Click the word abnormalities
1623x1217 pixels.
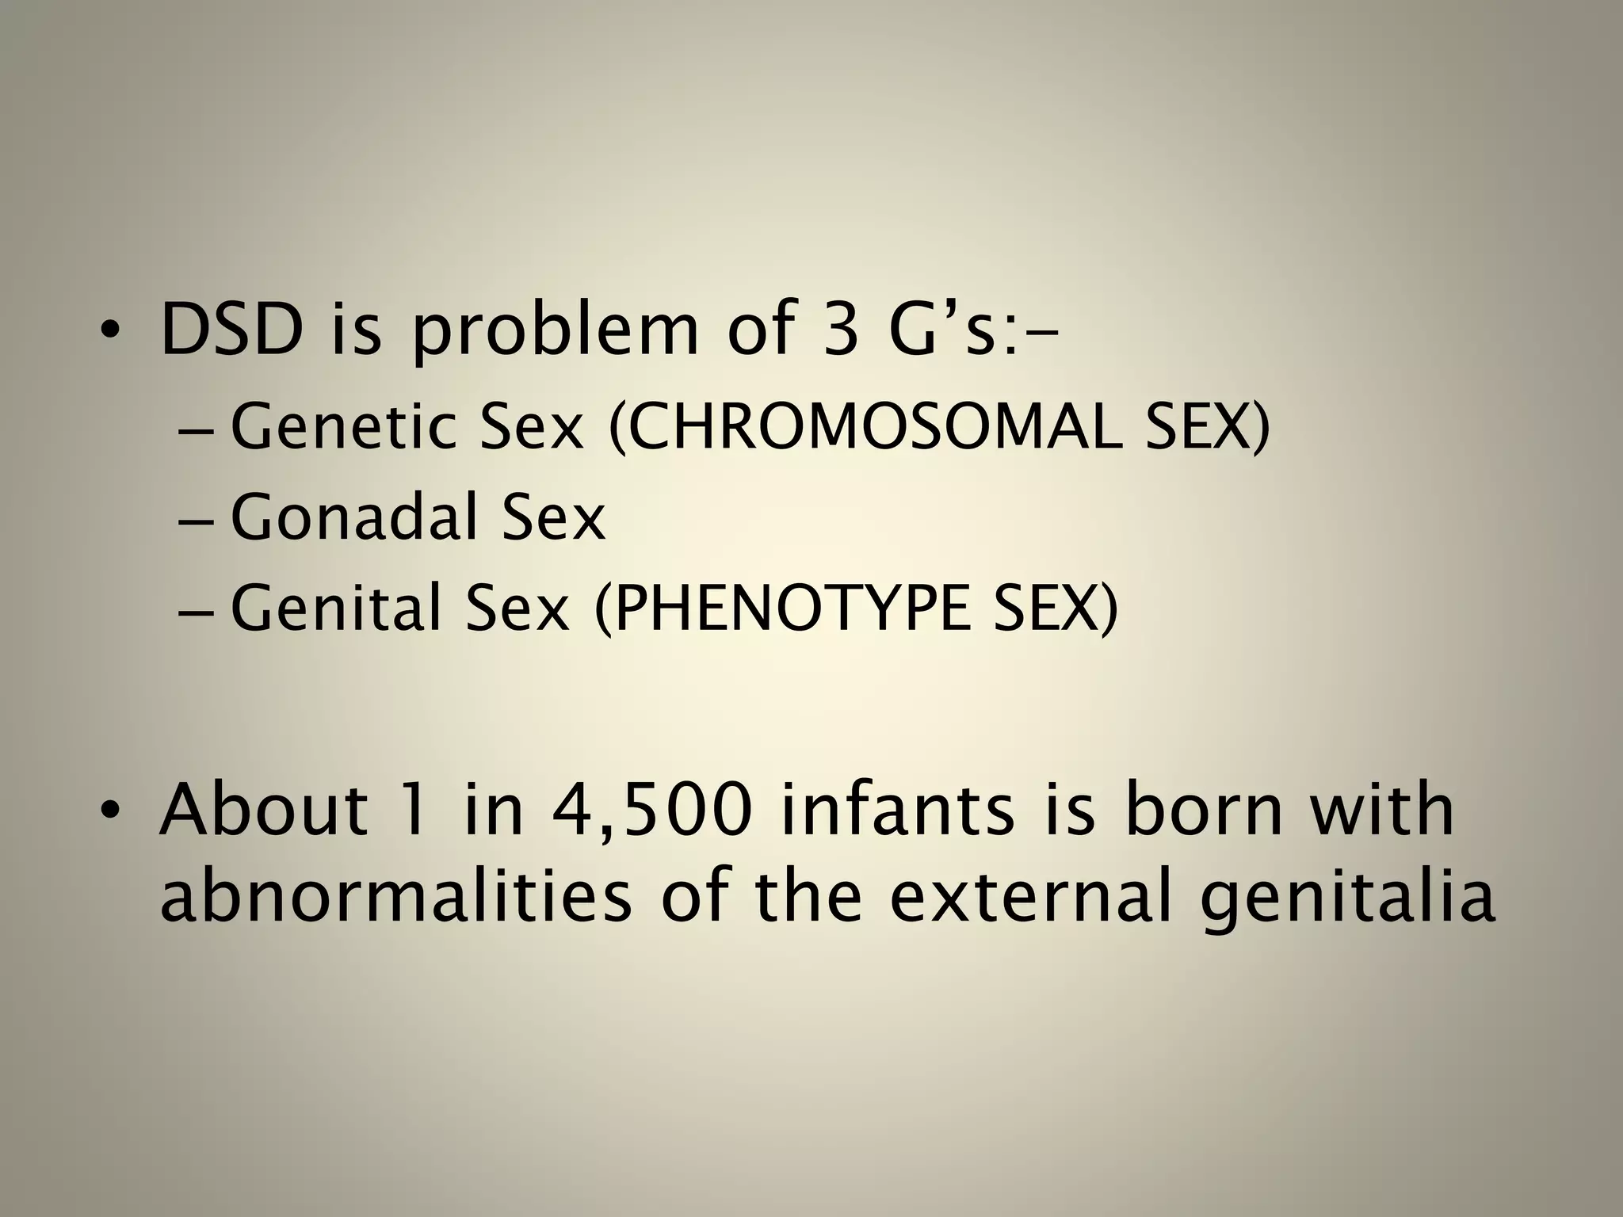tap(395, 900)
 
